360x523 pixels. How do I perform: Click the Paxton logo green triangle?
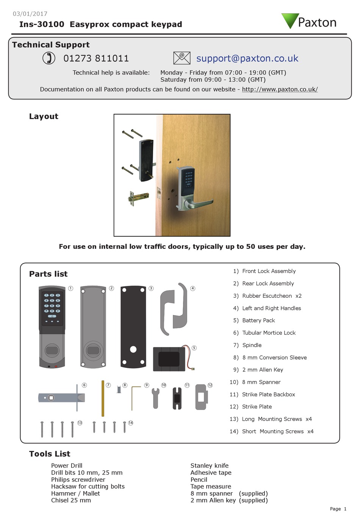(x=290, y=20)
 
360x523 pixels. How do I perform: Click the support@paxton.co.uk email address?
(x=247, y=58)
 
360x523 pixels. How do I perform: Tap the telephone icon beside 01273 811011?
(x=49, y=58)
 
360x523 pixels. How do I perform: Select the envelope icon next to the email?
(x=182, y=58)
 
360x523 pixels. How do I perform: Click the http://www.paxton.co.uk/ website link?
(x=280, y=90)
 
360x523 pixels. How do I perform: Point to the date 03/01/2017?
(x=30, y=14)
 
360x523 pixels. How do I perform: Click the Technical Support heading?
(x=51, y=45)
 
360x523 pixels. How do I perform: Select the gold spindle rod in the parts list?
(x=103, y=398)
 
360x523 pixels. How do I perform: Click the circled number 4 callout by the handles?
(x=193, y=288)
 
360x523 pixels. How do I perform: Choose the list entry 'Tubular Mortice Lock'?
(x=269, y=333)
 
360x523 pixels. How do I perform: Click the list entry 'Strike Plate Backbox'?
(x=268, y=394)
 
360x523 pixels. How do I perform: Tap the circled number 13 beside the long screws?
(x=80, y=423)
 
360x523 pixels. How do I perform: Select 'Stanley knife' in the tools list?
(x=209, y=466)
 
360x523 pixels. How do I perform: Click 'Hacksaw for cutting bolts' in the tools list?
(x=88, y=487)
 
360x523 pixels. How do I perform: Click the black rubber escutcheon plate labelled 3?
(x=133, y=327)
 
